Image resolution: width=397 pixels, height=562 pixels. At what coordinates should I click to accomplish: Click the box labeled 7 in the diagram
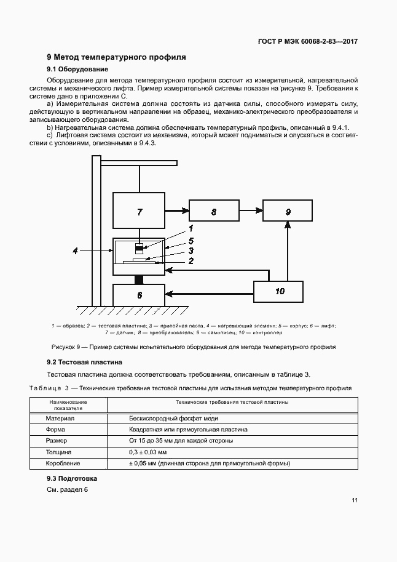[x=139, y=211]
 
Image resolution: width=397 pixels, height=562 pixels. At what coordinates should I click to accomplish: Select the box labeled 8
[x=214, y=211]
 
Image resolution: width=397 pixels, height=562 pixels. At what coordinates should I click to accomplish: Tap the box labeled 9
[x=288, y=211]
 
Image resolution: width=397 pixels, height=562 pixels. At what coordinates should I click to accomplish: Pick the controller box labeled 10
[x=279, y=291]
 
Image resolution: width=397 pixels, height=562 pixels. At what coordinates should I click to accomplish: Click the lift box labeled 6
[x=139, y=295]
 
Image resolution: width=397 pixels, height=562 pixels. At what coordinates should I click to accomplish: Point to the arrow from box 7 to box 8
[x=177, y=211]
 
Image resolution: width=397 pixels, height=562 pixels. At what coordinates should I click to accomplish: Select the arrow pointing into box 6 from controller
[x=209, y=293]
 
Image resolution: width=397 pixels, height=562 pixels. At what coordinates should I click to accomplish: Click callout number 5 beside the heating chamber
[x=191, y=241]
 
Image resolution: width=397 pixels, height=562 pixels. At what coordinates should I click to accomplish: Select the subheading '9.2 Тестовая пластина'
[x=85, y=362]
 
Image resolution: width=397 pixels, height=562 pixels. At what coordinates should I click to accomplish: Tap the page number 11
[x=355, y=500]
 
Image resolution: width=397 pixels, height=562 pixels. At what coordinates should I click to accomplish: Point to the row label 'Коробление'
[x=63, y=463]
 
